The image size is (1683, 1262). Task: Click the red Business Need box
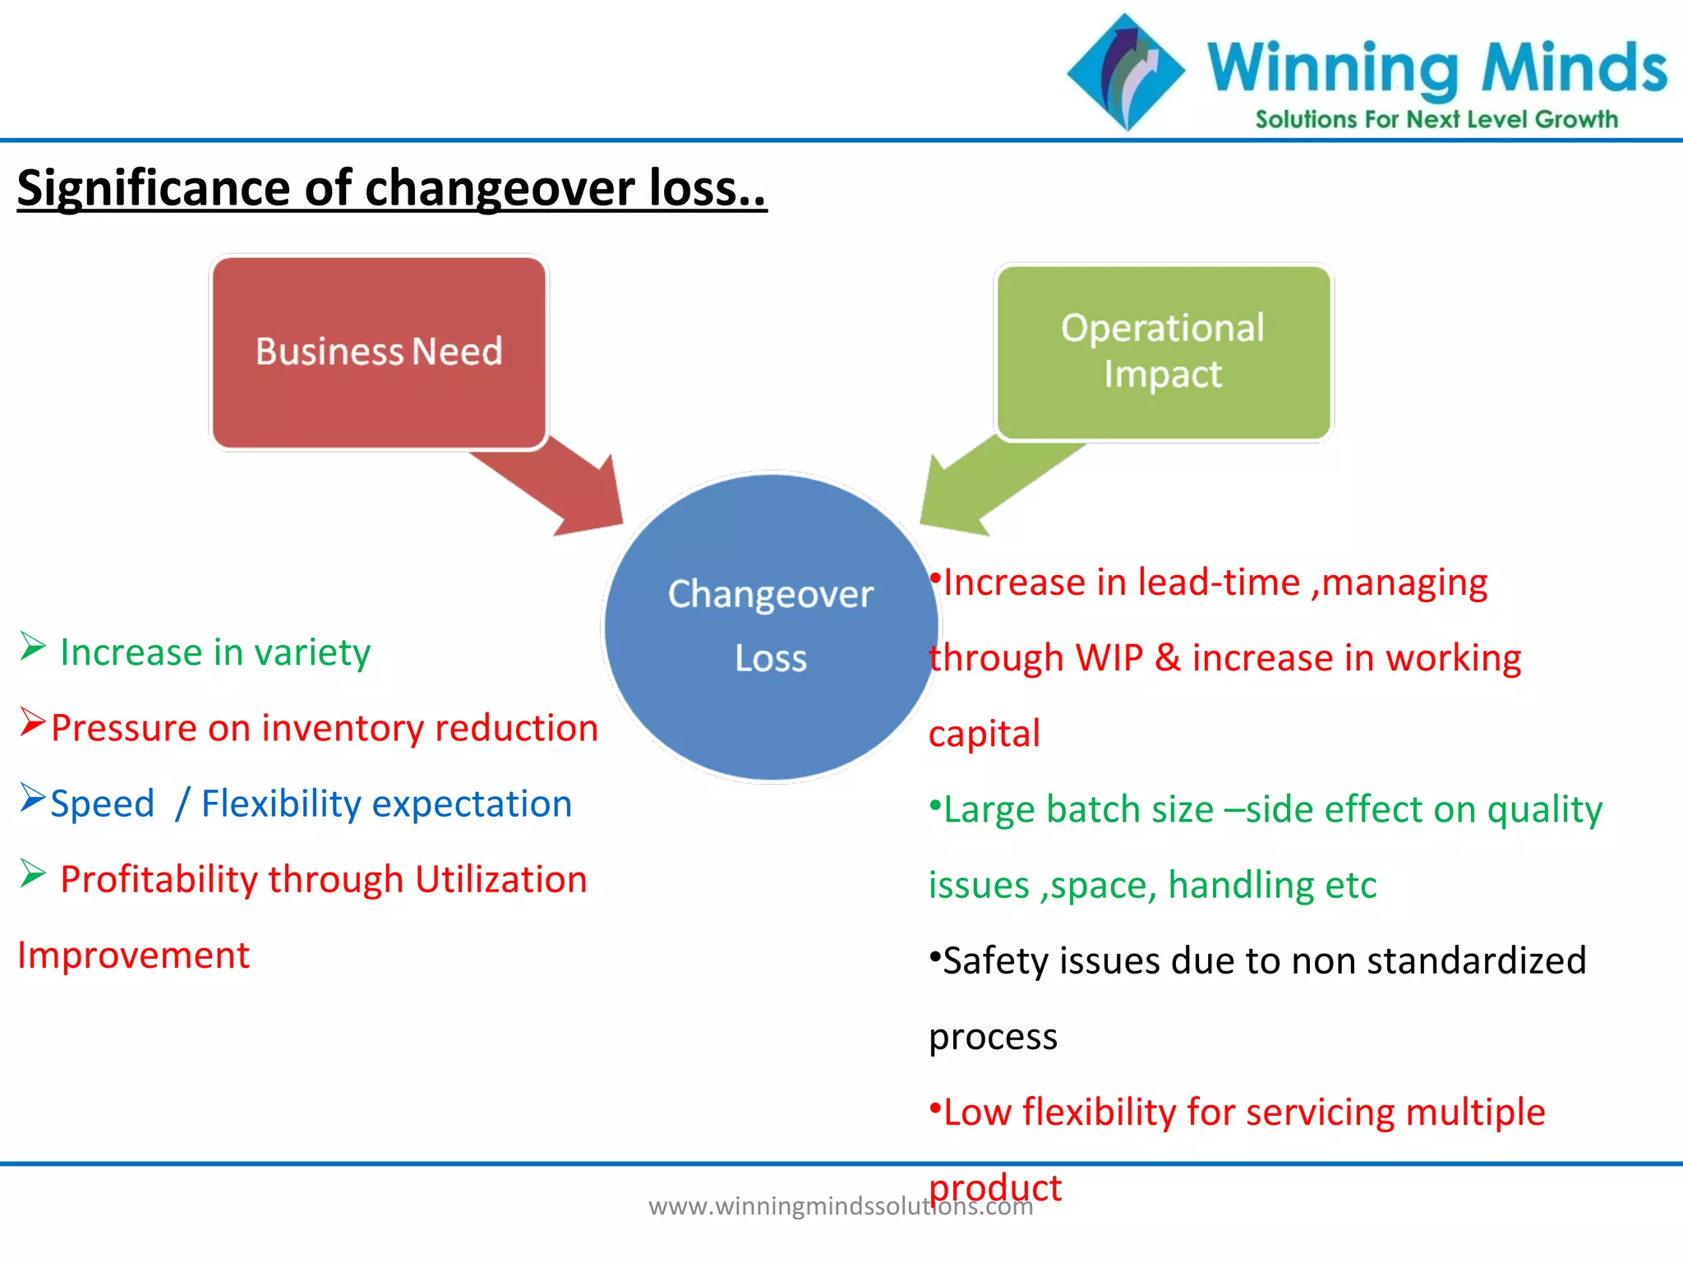tap(379, 352)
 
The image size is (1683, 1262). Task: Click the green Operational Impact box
tap(1163, 352)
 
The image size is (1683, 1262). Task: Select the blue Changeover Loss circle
tap(770, 627)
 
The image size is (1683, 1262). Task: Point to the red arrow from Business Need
tap(559, 485)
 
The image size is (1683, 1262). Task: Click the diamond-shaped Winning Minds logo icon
tap(1127, 71)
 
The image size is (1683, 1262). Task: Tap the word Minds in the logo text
tap(1574, 68)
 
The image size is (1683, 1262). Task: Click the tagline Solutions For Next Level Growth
tap(1436, 120)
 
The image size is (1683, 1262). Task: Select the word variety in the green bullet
tap(312, 652)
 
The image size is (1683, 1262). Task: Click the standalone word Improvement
tap(133, 956)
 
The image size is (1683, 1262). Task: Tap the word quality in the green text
tap(1544, 810)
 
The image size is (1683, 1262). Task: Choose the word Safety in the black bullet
tap(994, 961)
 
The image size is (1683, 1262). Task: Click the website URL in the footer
tap(840, 1206)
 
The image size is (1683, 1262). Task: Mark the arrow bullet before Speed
tap(32, 798)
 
